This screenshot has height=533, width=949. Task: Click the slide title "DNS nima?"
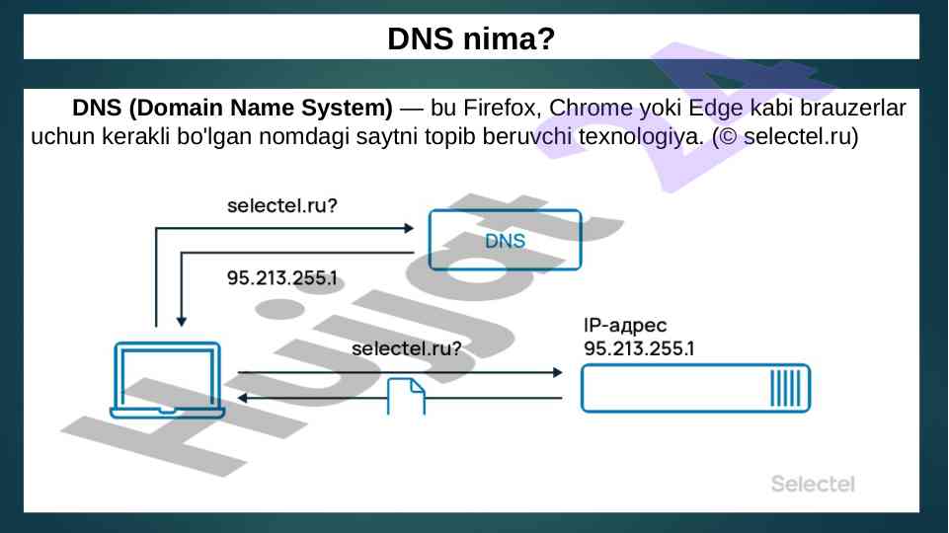coord(471,39)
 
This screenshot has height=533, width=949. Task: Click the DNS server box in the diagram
coord(505,240)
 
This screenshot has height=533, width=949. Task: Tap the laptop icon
coord(166,381)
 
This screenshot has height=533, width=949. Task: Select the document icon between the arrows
coord(406,396)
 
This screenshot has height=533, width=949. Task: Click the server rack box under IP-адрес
coord(695,388)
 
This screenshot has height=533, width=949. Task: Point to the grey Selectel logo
coord(812,484)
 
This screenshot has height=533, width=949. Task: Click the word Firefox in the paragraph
coord(499,107)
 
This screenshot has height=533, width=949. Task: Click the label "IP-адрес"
coord(626,326)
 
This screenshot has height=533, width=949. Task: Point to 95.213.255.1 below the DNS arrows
coord(281,277)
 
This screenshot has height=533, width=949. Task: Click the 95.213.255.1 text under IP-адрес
coord(639,348)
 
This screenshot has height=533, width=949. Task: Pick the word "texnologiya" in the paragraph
coord(633,135)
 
